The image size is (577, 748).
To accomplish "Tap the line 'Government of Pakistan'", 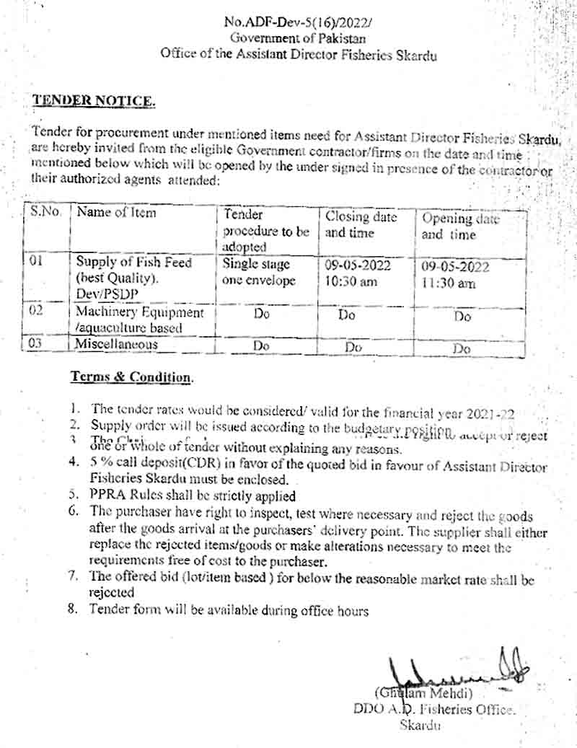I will (298, 38).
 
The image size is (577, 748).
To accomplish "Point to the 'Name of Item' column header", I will (116, 213).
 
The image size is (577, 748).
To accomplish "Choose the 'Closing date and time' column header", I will (361, 224).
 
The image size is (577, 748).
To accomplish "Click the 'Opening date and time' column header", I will (460, 226).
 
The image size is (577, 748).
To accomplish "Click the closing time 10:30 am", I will (351, 282).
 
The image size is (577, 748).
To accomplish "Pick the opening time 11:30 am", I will (449, 283).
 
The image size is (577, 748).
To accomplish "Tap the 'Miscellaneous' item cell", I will (117, 345).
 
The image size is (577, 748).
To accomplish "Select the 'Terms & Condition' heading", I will (131, 377).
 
